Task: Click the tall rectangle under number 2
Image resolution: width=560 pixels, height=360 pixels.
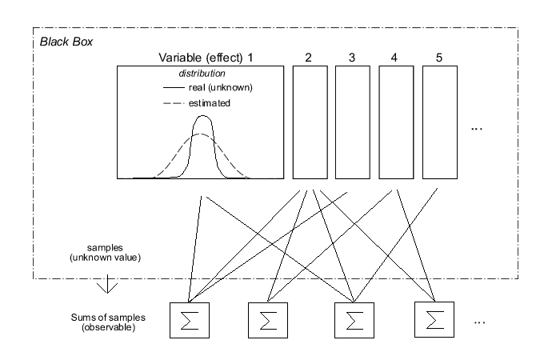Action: tap(310, 122)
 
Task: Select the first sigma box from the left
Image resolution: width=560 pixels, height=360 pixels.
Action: tap(190, 320)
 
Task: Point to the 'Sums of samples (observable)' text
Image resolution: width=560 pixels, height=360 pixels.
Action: tap(102, 321)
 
